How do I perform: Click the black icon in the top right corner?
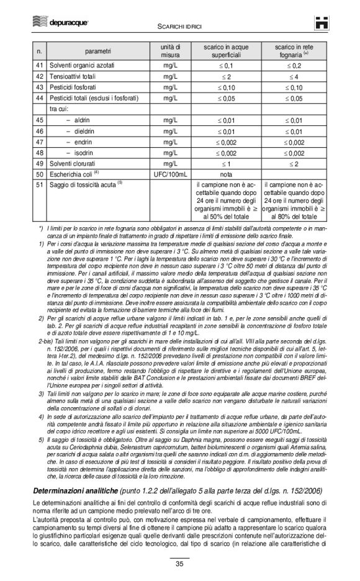[x=321, y=23]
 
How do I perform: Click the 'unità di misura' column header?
[x=166, y=50]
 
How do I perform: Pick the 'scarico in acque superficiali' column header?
[x=226, y=50]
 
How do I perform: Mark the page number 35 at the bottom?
[x=179, y=564]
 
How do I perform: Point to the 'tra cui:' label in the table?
[x=61, y=109]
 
